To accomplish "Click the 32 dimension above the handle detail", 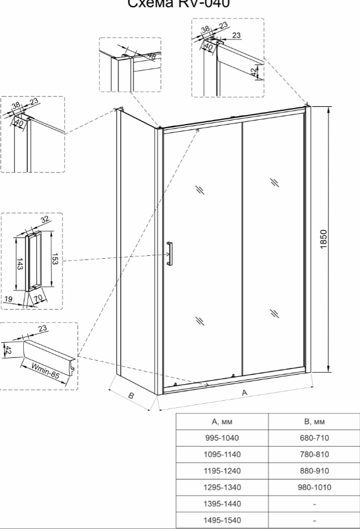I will pyautogui.click(x=44, y=221).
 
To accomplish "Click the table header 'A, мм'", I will pyautogui.click(x=222, y=422).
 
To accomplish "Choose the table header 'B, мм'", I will pyautogui.click(x=314, y=422).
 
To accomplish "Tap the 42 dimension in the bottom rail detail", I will pyautogui.click(x=7, y=349).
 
